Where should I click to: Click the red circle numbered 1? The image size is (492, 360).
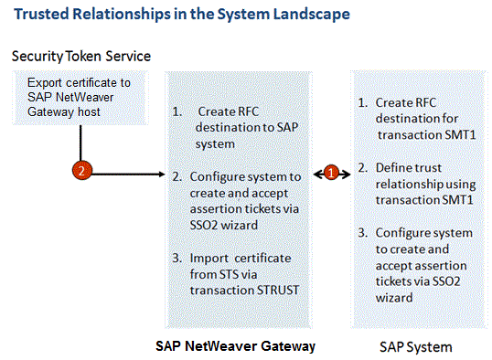point(332,170)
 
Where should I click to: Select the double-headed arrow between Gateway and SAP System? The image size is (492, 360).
point(332,170)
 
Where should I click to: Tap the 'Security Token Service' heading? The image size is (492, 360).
point(81,57)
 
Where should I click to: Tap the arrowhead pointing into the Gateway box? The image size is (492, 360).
point(159,171)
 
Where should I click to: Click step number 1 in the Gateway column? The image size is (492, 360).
point(177,112)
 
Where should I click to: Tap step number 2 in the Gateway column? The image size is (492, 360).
point(177,176)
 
